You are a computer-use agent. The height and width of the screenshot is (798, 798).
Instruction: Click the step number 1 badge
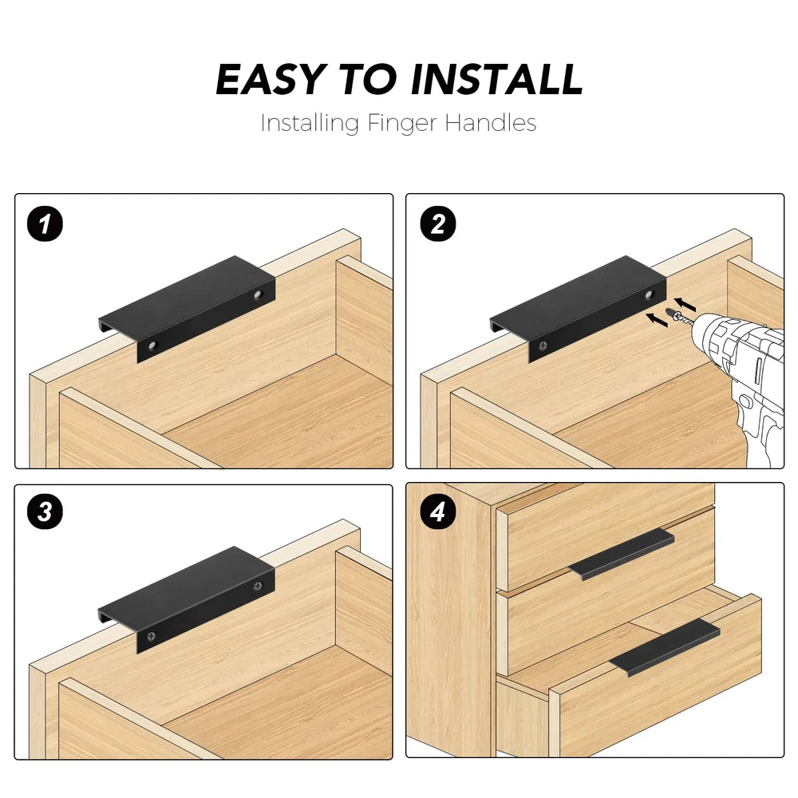45,224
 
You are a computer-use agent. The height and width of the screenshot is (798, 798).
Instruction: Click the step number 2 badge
437,224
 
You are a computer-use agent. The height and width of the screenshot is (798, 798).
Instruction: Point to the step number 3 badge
45,512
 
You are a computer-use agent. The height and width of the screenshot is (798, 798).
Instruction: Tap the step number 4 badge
437,512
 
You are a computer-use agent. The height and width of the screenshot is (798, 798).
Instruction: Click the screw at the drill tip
678,315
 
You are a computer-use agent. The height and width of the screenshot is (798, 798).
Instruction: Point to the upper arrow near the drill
685,304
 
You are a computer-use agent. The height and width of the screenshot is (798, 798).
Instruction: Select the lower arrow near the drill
657,320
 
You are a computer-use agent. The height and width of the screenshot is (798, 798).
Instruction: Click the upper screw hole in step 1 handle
258,294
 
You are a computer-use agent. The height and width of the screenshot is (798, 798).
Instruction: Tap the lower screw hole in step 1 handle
152,346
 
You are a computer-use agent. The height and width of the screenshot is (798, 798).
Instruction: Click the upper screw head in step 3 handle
258,586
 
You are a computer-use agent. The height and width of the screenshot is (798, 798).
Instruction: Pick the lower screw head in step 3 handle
152,636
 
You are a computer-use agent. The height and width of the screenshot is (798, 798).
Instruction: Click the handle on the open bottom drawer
665,647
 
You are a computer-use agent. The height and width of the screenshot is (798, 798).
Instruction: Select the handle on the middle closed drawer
622,555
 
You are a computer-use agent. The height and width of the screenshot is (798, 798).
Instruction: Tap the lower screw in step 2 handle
543,346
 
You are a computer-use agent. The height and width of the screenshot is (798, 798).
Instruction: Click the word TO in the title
368,80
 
